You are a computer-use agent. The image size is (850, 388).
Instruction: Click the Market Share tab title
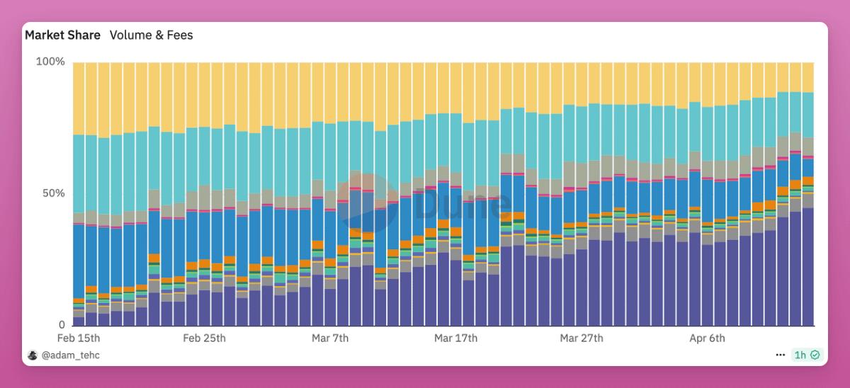(62, 35)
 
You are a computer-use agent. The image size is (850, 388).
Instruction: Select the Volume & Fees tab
(151, 35)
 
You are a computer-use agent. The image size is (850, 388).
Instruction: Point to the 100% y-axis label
(50, 62)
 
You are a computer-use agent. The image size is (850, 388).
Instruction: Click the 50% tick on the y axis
(52, 193)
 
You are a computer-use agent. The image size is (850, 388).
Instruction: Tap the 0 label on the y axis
(62, 325)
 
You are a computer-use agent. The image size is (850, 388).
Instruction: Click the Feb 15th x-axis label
(79, 338)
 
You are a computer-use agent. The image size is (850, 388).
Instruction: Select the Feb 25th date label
(205, 338)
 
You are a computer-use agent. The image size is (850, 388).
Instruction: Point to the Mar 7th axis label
(330, 338)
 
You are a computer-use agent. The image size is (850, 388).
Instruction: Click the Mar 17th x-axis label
(455, 338)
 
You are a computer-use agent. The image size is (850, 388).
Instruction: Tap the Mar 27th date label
(582, 338)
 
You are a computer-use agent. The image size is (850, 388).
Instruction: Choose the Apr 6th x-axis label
(707, 338)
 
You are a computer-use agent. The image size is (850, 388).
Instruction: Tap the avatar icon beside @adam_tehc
(32, 355)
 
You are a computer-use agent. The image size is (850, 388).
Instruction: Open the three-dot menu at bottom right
(780, 355)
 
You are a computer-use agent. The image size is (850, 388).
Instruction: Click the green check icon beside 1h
(815, 355)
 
